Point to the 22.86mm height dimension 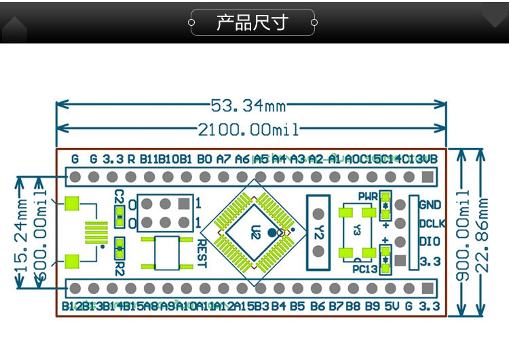coord(484,235)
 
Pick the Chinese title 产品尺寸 coord(252,22)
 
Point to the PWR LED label coord(368,196)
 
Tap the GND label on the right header coord(430,204)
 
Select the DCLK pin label coord(432,223)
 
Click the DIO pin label coord(429,241)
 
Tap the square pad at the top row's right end coord(427,177)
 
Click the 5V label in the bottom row coord(392,306)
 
